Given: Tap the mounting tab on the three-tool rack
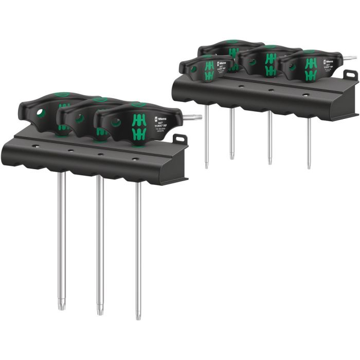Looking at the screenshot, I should pos(179,139).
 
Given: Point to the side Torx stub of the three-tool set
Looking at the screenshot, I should pos(194,117).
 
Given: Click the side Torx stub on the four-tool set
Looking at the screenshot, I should pos(350,58).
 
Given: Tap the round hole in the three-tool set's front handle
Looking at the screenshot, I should pos(115,123).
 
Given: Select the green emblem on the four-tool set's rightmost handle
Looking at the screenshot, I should pos(311,69).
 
